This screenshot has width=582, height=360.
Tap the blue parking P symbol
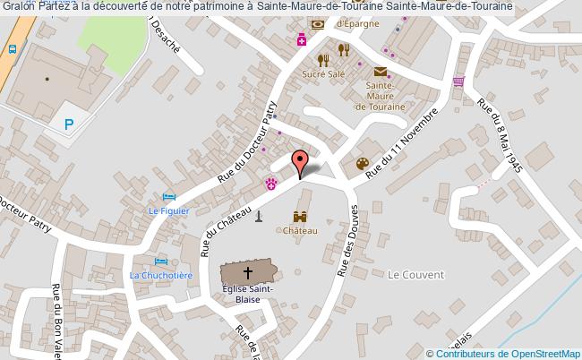coord(69,125)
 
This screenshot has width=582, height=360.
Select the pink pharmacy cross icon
coord(303,40)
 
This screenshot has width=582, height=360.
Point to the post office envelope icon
coord(381,72)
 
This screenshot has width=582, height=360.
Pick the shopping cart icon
coord(458,81)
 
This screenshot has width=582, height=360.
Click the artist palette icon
coord(363,163)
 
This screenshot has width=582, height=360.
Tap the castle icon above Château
coord(301,216)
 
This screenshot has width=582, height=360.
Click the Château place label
coord(301,230)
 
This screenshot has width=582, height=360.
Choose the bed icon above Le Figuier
coord(167,197)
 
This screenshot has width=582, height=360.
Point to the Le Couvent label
coord(409,276)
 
